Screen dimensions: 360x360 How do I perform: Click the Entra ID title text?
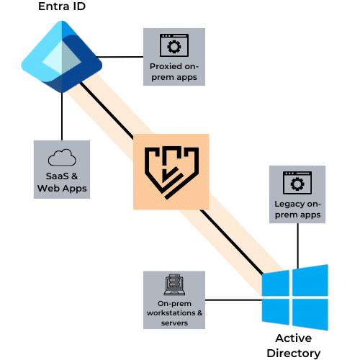point(62,6)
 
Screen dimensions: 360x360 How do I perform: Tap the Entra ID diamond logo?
point(62,57)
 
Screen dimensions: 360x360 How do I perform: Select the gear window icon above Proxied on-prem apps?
point(174,45)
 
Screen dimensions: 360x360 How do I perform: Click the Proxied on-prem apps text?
point(174,72)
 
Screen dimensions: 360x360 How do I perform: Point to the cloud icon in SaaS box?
point(62,158)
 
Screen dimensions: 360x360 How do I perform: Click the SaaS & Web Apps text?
point(62,182)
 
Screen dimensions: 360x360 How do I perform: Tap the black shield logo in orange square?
point(171,173)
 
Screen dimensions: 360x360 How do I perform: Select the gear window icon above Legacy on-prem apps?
point(297,183)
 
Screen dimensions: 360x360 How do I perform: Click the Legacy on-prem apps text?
point(297,210)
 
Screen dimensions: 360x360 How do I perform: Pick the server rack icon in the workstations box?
point(174,285)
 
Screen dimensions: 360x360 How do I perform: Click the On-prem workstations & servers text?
point(174,313)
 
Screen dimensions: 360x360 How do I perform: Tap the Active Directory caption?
point(294,346)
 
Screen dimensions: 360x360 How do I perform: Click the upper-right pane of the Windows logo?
point(310,280)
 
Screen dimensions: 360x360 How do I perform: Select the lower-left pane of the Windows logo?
point(276,312)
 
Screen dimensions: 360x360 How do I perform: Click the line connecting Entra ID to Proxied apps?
point(120,57)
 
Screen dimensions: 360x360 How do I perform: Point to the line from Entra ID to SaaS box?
point(62,117)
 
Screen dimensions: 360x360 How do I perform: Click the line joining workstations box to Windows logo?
point(233,300)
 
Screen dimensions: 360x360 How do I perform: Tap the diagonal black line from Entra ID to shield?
point(107,111)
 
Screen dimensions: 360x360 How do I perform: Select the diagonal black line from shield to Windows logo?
point(232,243)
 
